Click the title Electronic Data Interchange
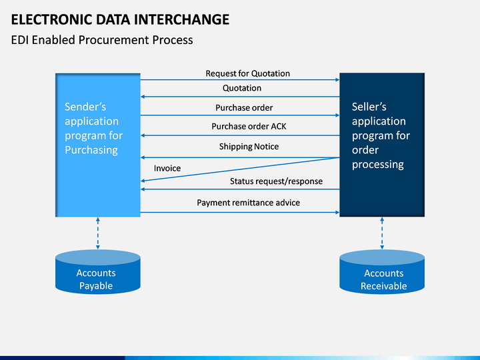click(120, 19)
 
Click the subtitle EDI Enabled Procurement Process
click(102, 40)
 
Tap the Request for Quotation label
click(247, 73)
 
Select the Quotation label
click(242, 88)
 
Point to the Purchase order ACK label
click(249, 127)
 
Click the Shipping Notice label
click(249, 147)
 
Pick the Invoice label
click(167, 169)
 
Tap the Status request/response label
click(276, 181)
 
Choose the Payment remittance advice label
click(248, 203)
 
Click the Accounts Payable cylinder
click(97, 272)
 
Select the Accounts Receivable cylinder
click(382, 272)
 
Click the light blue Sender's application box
click(98, 145)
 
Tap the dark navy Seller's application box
click(382, 145)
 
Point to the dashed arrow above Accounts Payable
click(98, 233)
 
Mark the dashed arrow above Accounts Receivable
click(382, 233)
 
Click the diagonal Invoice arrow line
click(240, 169)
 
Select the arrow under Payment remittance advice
click(240, 213)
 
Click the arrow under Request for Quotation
click(240, 80)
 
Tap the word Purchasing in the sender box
click(91, 150)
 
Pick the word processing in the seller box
click(378, 165)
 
